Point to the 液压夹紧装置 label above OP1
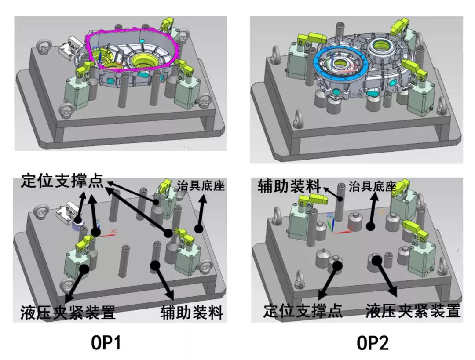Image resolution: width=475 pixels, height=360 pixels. [68, 313]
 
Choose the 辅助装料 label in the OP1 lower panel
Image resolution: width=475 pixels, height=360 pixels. [192, 313]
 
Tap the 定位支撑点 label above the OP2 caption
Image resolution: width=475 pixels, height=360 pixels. [303, 311]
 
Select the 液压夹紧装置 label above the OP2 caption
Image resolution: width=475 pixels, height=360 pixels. [413, 311]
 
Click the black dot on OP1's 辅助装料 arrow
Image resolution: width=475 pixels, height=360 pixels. [155, 265]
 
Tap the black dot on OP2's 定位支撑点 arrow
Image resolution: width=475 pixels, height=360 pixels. [337, 265]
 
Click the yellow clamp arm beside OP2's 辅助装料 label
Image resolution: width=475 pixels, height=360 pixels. [314, 200]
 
